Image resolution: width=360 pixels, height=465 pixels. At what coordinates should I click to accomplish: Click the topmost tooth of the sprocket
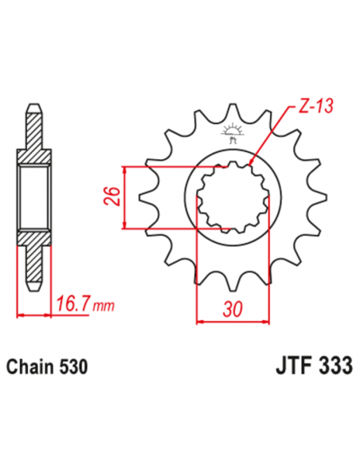click(233, 112)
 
